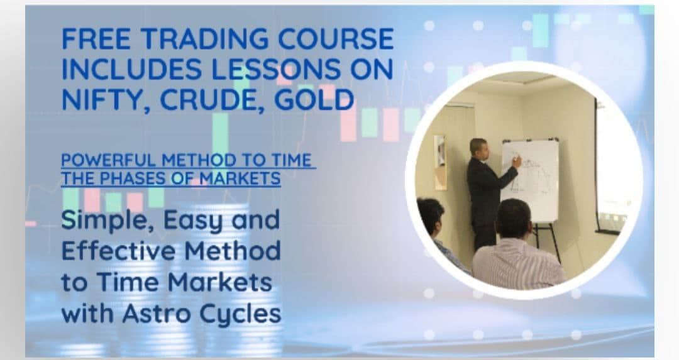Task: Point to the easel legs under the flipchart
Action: click(x=546, y=243)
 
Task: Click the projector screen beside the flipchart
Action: click(x=610, y=169)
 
